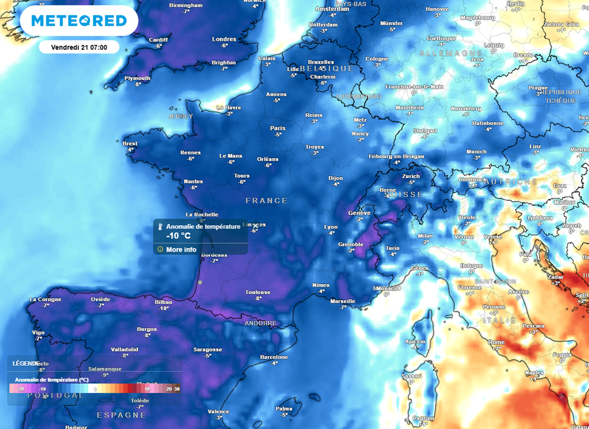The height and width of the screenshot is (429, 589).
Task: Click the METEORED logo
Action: coord(79,21)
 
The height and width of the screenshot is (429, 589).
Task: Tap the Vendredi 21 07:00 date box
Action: coord(79,47)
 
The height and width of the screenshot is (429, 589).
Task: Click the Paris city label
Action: coord(278,128)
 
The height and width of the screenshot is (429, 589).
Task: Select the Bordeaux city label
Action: coord(215,254)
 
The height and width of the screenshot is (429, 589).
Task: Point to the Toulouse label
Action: coord(258,292)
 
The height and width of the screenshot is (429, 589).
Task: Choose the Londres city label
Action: coord(224,40)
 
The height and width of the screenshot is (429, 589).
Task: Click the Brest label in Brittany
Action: coord(130,144)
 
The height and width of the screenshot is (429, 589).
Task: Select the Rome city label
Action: coord(496,342)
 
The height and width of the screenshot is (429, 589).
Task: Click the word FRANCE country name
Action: coord(266,200)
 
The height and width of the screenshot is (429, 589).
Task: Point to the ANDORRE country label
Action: coord(261,323)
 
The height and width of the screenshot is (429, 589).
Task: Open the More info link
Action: coord(181,249)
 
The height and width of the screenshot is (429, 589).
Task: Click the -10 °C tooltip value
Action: coord(178,235)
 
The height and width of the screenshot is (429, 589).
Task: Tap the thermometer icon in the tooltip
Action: coord(160,227)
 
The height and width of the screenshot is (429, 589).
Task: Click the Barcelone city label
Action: coord(274,357)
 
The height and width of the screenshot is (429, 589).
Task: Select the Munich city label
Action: coord(476,152)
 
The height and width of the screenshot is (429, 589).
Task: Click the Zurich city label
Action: coord(411,176)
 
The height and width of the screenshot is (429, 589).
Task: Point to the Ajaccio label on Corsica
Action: coord(415,341)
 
